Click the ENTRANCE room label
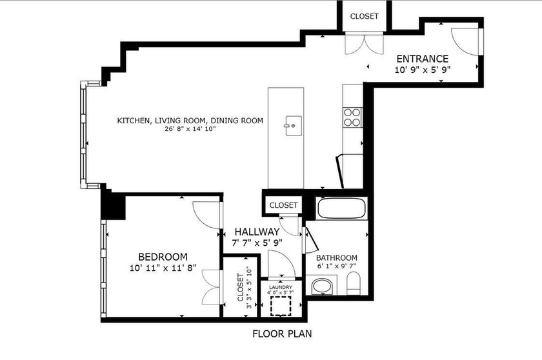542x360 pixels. point(422,58)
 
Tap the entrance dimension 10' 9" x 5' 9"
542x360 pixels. point(422,69)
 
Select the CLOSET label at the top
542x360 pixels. point(365,16)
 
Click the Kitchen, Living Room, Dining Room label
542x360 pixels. point(190,120)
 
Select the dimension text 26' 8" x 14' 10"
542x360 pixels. point(190,129)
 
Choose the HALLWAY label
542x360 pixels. point(257,232)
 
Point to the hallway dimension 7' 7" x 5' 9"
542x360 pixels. point(257,243)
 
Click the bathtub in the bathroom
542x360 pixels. point(342,209)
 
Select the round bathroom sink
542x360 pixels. point(321,285)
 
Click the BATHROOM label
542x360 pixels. point(337,257)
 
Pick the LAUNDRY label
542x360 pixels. point(281,287)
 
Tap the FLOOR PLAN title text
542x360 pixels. point(281,335)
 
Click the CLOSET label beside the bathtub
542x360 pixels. point(284,205)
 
